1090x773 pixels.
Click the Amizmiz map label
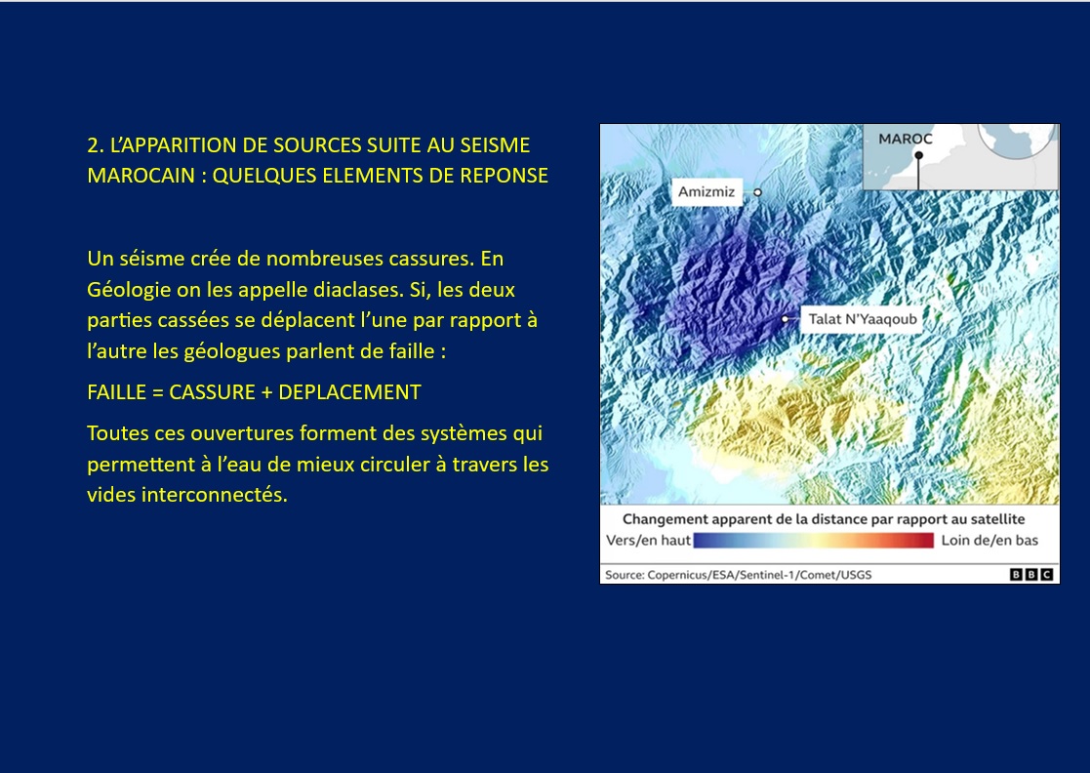706,192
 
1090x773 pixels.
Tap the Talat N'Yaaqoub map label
862,319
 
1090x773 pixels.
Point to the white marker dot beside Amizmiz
757,192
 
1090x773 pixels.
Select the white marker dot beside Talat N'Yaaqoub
786,319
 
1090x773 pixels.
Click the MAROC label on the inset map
906,139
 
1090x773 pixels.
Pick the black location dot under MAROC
918,155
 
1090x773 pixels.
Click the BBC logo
1031,574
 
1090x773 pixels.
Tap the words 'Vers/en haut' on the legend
648,540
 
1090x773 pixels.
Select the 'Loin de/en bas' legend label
989,540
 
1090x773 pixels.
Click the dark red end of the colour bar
927,540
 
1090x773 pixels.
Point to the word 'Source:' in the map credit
625,575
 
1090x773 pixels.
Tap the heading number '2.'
96,145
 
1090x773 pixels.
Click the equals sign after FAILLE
157,392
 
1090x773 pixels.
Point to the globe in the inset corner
1016,141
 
